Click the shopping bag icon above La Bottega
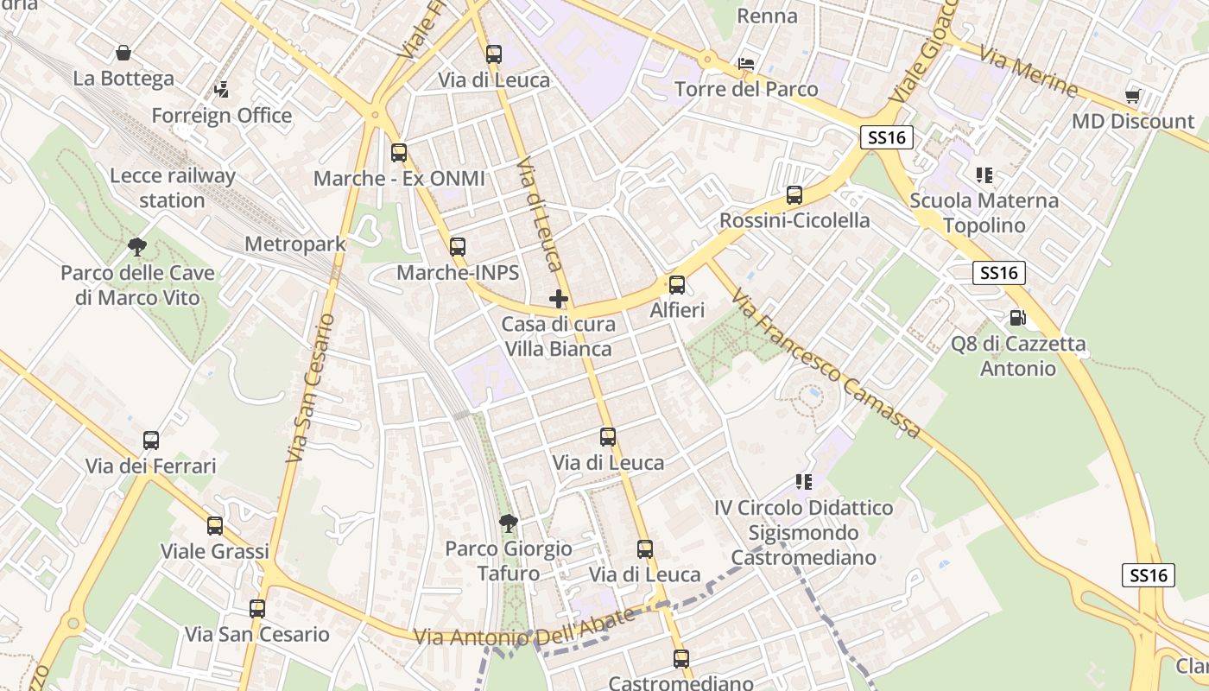click(x=123, y=53)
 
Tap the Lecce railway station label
click(x=172, y=188)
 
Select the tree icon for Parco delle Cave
click(x=136, y=248)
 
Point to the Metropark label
click(x=295, y=244)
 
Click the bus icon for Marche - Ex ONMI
click(x=398, y=153)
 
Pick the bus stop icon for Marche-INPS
click(x=458, y=247)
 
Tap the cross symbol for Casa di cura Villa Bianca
click(x=559, y=300)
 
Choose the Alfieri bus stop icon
click(x=677, y=285)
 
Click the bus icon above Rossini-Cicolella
click(x=794, y=195)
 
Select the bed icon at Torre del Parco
click(x=746, y=64)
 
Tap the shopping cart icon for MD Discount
click(x=1132, y=96)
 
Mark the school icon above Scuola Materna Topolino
click(x=984, y=175)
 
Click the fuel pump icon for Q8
click(x=1018, y=318)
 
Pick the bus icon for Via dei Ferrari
click(x=151, y=441)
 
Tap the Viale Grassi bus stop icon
click(x=215, y=525)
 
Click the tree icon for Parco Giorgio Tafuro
click(x=509, y=523)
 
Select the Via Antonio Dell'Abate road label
click(x=525, y=629)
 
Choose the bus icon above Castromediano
click(x=681, y=659)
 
